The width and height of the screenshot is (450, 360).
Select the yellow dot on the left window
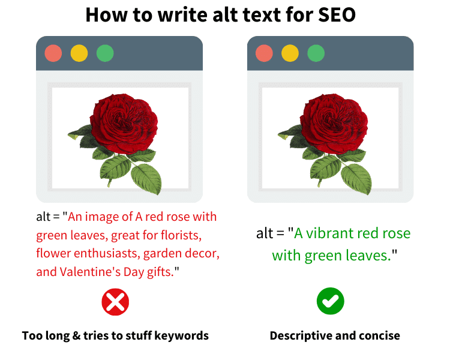(x=79, y=53)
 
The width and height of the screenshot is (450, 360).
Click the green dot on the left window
(x=105, y=53)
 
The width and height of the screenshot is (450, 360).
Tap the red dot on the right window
(x=264, y=53)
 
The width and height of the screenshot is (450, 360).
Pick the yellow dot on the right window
(x=290, y=53)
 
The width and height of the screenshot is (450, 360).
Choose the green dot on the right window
(x=316, y=53)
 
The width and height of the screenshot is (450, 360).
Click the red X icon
(x=115, y=302)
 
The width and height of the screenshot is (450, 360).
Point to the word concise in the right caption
(x=379, y=335)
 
